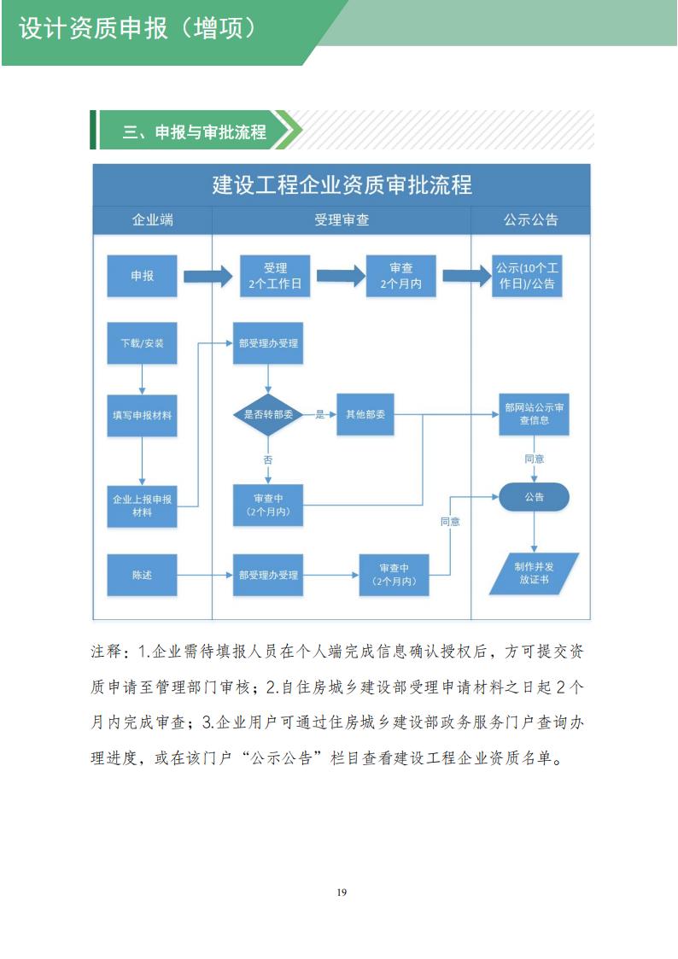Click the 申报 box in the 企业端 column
[142, 276]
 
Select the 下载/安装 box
[142, 343]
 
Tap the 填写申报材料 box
[142, 415]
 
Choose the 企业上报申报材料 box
[142, 505]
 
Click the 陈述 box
[142, 575]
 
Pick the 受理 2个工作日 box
[275, 276]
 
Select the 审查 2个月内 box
[400, 276]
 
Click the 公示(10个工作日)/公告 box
[530, 276]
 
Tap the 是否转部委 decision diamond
[268, 414]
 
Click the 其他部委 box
[365, 414]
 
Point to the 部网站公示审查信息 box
[534, 414]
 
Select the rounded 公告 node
[534, 497]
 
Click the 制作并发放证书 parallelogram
[534, 573]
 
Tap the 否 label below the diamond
[268, 459]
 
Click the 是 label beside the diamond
[321, 414]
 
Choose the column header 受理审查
[342, 219]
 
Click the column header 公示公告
[530, 219]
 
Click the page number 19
[342, 892]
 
